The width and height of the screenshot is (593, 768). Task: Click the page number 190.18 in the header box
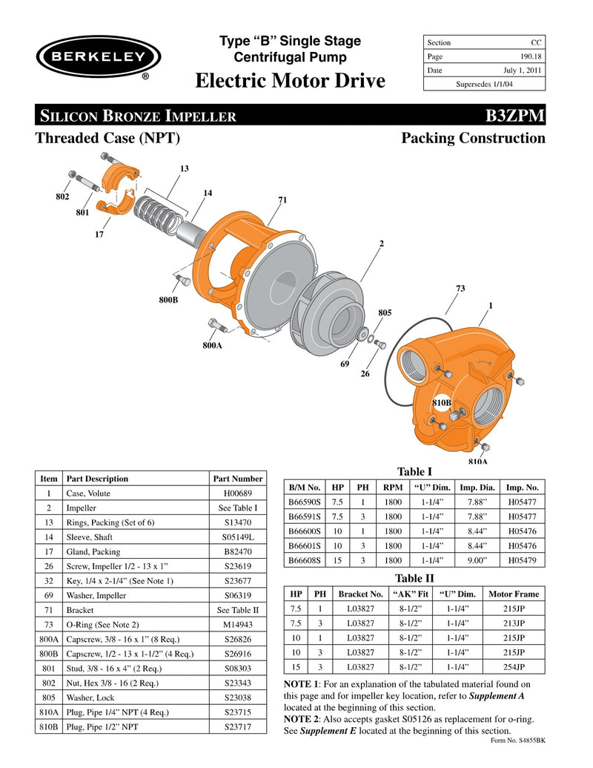[528, 57]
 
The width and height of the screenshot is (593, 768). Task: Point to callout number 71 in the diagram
[282, 200]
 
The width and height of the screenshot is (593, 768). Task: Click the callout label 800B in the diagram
[168, 300]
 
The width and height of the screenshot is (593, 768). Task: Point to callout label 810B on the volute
[442, 402]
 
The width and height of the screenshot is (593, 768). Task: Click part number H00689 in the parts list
[237, 493]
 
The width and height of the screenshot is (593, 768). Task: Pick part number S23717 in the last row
[237, 727]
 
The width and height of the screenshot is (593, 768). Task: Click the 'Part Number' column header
[237, 479]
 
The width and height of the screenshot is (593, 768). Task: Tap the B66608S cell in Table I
[304, 559]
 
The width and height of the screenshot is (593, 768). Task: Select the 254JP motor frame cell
[514, 666]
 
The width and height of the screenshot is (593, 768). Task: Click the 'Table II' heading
[415, 578]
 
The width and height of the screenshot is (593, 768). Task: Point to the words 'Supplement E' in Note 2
[328, 731]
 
